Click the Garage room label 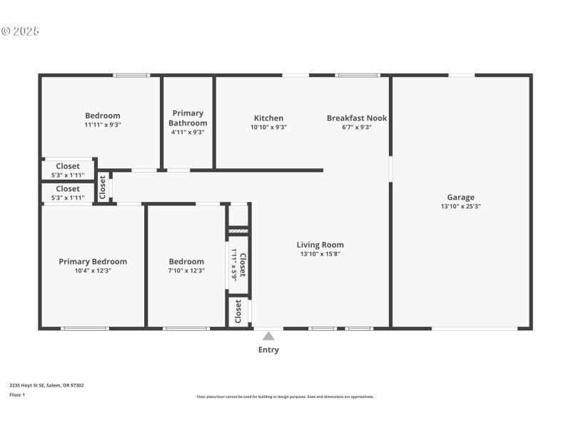coord(460,198)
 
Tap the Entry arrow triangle coord(268,336)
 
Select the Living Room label coord(320,245)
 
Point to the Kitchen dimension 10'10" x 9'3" coord(268,128)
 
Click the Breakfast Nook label coord(357,118)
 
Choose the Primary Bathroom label coord(188,118)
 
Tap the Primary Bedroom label coord(93,262)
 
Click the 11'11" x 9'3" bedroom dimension coord(103,125)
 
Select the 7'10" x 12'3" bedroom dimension coord(186,271)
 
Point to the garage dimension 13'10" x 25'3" coord(460,207)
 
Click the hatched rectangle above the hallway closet coord(238,231)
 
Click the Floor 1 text coord(17,394)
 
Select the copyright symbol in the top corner coord(6,31)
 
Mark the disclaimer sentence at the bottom coord(285,397)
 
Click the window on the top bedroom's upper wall coord(131,75)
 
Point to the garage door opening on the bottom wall coord(475,328)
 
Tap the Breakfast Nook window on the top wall coord(358,75)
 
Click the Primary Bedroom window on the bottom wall coord(85,328)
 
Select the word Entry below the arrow coord(268,350)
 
